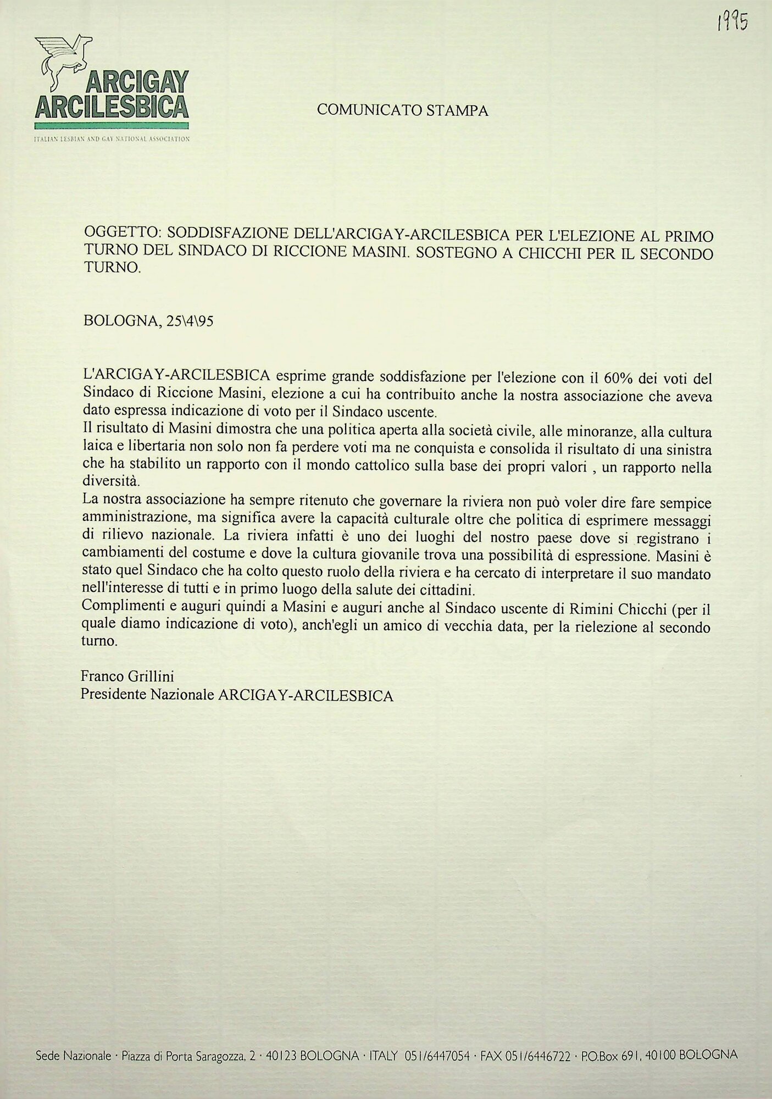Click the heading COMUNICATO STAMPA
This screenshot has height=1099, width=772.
tap(402, 110)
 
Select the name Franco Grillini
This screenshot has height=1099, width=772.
tap(127, 676)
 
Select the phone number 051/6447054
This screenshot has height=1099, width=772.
tap(437, 1070)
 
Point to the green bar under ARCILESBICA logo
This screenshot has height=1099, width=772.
tap(112, 125)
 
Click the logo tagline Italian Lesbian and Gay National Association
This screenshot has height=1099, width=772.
tap(112, 139)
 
